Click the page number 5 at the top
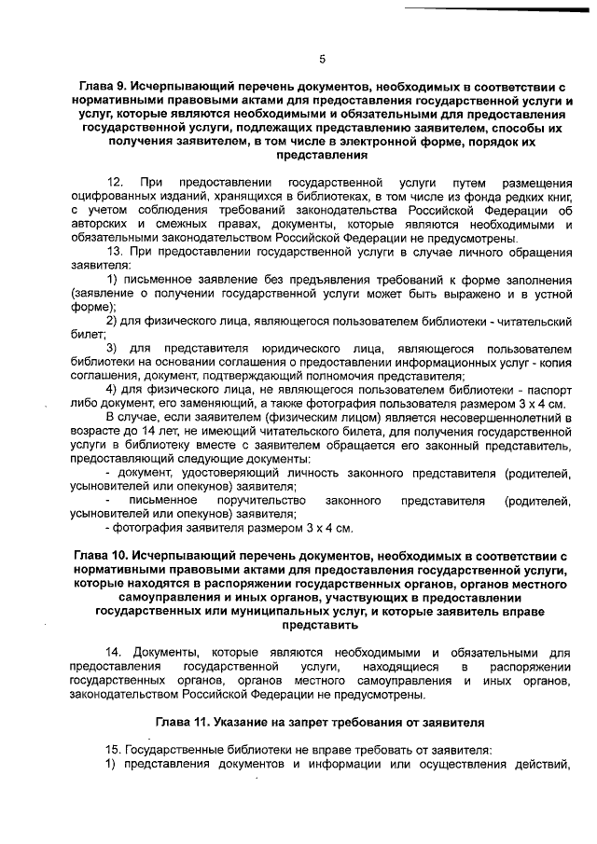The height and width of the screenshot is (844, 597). (322, 59)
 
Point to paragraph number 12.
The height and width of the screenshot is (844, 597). (117, 181)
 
